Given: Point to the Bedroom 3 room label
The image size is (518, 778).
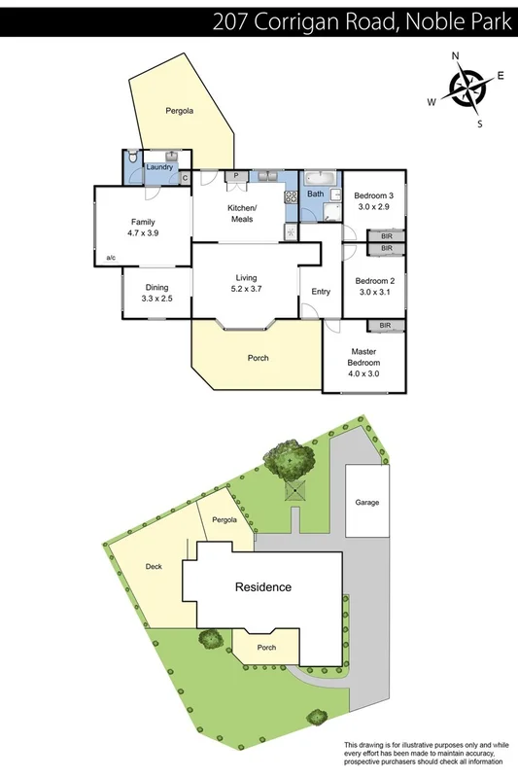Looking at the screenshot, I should point(373,200).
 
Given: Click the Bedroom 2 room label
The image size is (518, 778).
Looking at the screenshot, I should point(374,286).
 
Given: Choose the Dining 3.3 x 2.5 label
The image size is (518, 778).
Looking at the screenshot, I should point(156,292).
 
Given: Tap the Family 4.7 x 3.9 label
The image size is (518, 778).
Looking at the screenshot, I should point(142,228).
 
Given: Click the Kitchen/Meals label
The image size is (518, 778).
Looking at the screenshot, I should point(241,214).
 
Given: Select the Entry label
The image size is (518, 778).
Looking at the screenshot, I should point(321,292).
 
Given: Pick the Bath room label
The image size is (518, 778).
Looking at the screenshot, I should point(316,194).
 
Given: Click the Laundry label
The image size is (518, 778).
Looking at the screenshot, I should point(159,167).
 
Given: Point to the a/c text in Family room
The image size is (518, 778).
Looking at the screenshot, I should point(113,258).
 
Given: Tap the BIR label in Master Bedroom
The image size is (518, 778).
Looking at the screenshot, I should point(385,326).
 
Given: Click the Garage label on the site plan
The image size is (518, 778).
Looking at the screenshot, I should point(366,503).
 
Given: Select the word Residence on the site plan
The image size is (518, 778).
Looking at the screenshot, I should point(262,587).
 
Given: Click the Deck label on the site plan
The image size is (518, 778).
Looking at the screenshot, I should point(154,566).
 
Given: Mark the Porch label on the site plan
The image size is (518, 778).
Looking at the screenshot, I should point(265,648).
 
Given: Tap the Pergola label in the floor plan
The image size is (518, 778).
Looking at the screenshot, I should point(179,111).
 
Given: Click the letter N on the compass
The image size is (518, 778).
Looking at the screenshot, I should point(454,56).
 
